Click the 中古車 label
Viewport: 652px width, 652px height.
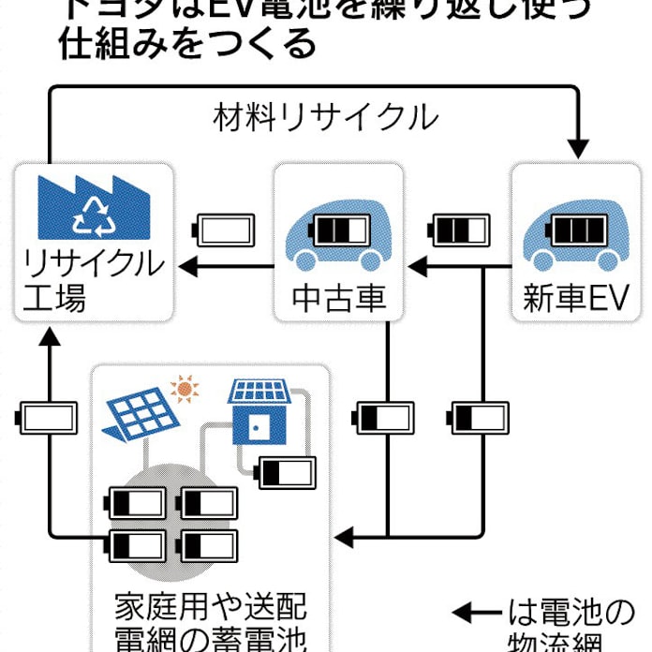pyautogui.click(x=338, y=300)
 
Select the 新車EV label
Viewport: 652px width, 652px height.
pyautogui.click(x=575, y=300)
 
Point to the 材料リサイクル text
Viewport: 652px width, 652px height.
pyautogui.click(x=325, y=118)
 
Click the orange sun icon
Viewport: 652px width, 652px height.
pyautogui.click(x=185, y=386)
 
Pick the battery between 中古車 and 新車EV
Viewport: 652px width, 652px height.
pyautogui.click(x=459, y=229)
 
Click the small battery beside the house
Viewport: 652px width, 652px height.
pyautogui.click(x=288, y=473)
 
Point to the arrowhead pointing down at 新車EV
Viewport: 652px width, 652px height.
pyautogui.click(x=579, y=147)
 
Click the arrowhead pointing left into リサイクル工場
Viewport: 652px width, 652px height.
pyautogui.click(x=186, y=268)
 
